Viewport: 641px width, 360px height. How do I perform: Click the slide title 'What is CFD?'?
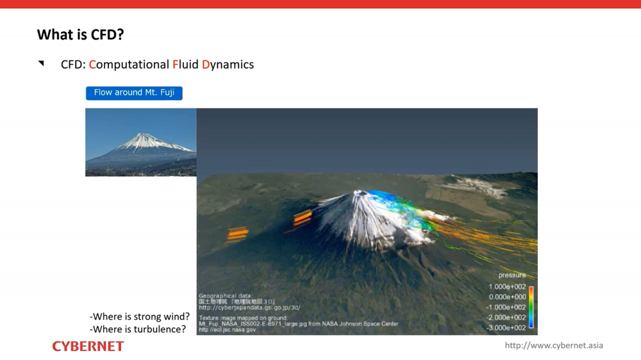click(x=80, y=35)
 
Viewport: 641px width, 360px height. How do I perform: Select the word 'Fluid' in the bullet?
click(x=185, y=65)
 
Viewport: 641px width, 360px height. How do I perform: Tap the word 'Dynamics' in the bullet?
click(x=228, y=65)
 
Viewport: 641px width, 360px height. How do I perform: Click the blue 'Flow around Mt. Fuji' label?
click(x=134, y=93)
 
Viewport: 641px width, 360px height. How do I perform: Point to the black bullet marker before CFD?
click(x=41, y=63)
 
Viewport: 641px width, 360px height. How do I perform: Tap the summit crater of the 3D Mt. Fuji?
click(x=361, y=193)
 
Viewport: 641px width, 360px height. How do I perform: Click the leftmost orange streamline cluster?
click(x=237, y=234)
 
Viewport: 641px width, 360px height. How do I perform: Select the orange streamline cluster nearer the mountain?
click(x=302, y=218)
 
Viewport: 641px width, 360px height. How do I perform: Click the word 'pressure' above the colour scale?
click(x=512, y=275)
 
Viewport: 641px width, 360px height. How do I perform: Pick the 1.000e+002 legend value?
click(x=507, y=287)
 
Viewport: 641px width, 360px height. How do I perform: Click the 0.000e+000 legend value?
click(x=507, y=297)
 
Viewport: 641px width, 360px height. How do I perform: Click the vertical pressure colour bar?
click(x=531, y=307)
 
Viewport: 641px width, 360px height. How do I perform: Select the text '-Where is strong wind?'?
click(x=140, y=316)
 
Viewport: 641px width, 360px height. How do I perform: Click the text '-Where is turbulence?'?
click(x=138, y=329)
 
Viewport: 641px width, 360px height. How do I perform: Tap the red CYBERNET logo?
click(x=88, y=347)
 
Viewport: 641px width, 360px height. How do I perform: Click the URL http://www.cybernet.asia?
click(x=554, y=345)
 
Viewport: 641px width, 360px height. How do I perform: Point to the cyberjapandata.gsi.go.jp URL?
click(x=249, y=308)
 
